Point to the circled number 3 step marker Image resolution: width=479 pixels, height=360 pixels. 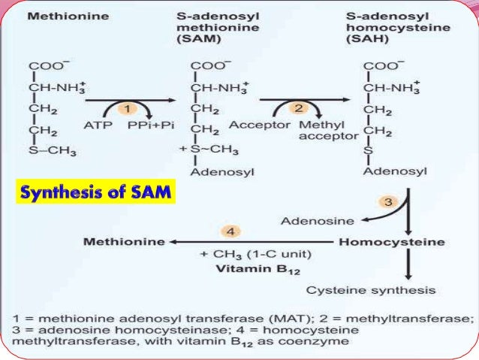[x=389, y=202]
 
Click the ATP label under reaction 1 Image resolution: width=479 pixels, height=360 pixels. [x=95, y=125]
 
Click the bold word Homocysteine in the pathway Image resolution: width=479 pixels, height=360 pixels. [x=391, y=243]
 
